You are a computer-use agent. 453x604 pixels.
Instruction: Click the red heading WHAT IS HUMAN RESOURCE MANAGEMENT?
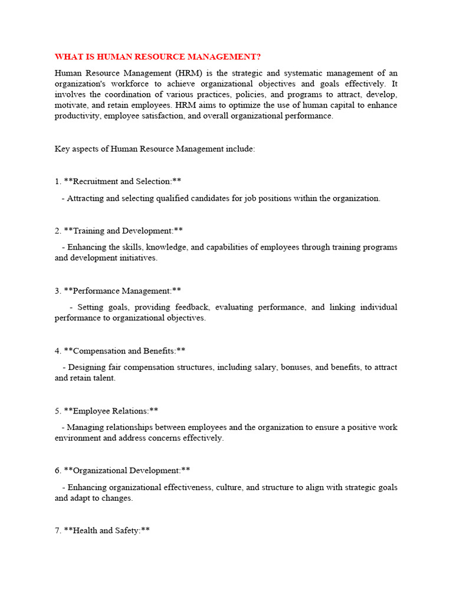click(x=157, y=57)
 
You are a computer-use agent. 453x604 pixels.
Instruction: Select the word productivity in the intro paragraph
click(x=77, y=116)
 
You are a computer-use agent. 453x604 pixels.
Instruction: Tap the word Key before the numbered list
click(x=62, y=149)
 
